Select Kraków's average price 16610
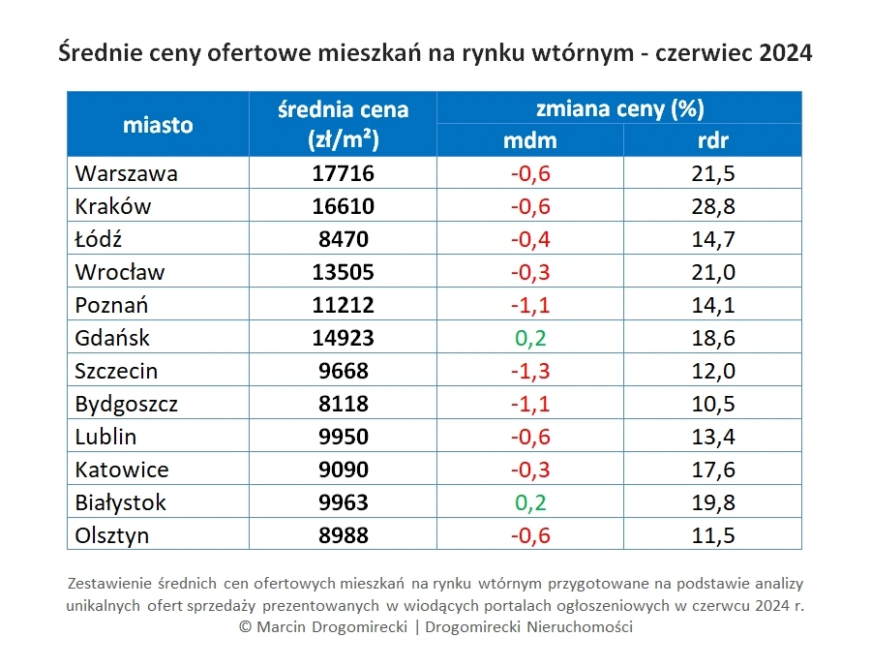[x=343, y=206]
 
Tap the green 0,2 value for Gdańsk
[x=529, y=338]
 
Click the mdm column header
[x=530, y=140]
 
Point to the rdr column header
[x=713, y=140]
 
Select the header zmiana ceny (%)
[x=619, y=107]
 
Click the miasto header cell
[x=158, y=124]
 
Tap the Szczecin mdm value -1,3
[x=529, y=371]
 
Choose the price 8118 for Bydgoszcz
[x=343, y=404]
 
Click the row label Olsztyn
[x=112, y=535]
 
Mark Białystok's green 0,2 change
[x=529, y=502]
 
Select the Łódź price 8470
[x=343, y=239]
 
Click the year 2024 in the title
[x=786, y=53]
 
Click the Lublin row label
[x=105, y=437]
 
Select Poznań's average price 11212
[x=343, y=305]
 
